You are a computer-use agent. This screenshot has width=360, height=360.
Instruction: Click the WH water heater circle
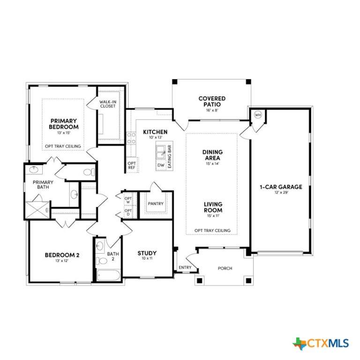point(258,115)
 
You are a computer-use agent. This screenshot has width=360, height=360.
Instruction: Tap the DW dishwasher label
point(161,165)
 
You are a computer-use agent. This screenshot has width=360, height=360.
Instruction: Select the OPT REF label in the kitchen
point(132,165)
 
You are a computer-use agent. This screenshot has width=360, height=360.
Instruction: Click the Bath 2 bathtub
point(108,275)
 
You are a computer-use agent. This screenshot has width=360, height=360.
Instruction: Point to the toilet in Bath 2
point(102,261)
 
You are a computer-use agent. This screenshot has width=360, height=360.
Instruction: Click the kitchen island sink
point(160,152)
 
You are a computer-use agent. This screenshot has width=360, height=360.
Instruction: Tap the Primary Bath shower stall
point(37,210)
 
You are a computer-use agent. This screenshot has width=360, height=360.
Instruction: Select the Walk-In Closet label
point(108,104)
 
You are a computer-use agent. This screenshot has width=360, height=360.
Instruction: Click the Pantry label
point(156,203)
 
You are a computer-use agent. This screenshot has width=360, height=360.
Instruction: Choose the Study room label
point(147,253)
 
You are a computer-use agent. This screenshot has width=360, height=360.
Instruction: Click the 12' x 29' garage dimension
point(281,192)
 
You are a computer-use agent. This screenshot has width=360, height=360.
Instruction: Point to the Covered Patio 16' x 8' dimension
point(212,110)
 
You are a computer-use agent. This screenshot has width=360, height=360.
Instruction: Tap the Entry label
point(185,267)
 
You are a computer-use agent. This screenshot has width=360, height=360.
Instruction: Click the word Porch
point(225,268)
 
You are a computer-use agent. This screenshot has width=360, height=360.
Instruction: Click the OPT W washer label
point(128,200)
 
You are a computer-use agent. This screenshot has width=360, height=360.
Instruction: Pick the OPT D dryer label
point(128,212)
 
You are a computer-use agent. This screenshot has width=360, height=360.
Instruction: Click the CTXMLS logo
point(321,344)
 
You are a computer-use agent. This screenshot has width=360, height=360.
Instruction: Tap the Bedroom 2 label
point(62,255)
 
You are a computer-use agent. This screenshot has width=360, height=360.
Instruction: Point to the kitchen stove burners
point(131,138)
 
